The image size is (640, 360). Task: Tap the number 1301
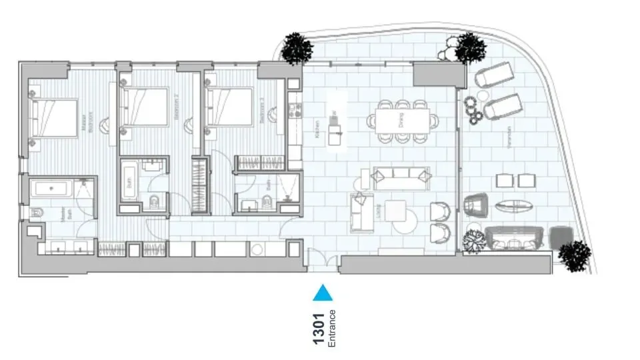319,329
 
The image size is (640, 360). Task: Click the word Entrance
332,329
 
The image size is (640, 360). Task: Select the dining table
403,121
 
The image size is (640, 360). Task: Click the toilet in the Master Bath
37,213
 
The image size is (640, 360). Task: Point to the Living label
377,212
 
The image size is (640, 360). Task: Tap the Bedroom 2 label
176,107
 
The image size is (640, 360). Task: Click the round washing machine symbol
257,249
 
